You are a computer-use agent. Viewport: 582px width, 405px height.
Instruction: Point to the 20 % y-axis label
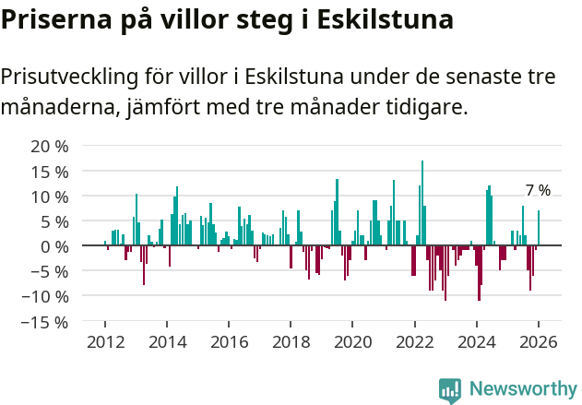[50, 147]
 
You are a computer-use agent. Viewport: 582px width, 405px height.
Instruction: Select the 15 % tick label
[50, 172]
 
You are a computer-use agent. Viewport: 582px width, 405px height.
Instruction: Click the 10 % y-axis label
[50, 197]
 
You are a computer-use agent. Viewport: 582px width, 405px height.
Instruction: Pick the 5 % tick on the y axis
[54, 221]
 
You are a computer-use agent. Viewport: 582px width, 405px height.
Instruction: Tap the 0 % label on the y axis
[54, 246]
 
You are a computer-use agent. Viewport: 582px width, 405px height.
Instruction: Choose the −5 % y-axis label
[50, 271]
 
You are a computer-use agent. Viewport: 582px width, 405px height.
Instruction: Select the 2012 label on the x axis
[105, 341]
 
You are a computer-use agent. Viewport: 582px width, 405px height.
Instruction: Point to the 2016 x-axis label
[229, 341]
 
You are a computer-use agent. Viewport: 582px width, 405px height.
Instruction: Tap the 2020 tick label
[352, 341]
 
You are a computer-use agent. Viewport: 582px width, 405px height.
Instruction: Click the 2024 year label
[476, 341]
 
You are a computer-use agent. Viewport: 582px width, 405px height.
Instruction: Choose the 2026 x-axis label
[538, 341]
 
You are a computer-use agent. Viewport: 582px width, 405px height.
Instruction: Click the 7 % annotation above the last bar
[538, 191]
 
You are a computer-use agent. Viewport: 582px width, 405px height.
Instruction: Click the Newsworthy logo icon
[450, 390]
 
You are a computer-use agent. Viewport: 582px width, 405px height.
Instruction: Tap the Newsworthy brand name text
[523, 389]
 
